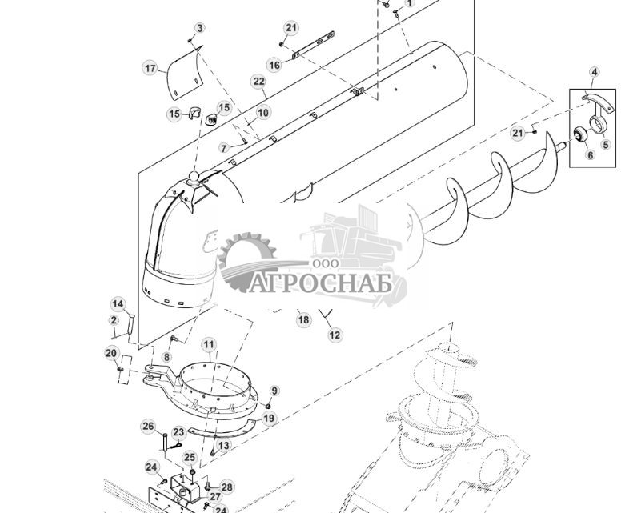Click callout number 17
tap(150, 68)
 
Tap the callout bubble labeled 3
tap(199, 28)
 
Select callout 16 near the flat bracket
tap(274, 65)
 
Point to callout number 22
tap(258, 82)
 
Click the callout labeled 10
tap(263, 113)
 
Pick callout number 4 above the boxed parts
tap(594, 72)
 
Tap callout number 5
tap(606, 145)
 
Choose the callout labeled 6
tap(591, 155)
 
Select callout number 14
tap(118, 304)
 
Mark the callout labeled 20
tap(111, 353)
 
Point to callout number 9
tap(274, 391)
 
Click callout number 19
tap(269, 418)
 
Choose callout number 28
tap(227, 487)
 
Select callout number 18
tap(303, 319)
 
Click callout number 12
tap(335, 335)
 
